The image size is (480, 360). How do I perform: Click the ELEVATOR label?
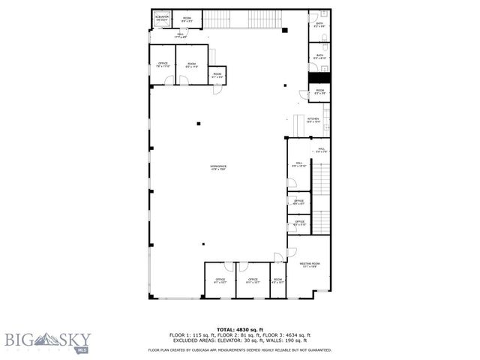(161, 16)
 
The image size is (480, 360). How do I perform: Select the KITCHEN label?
(313, 120)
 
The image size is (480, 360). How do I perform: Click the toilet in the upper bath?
(323, 15)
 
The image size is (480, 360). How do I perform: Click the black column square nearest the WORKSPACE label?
(198, 123)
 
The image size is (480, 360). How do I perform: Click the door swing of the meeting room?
(291, 252)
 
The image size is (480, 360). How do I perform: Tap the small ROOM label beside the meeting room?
(277, 281)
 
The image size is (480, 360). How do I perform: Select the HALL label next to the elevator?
(181, 35)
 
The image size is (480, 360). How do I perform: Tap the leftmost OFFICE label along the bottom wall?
(220, 281)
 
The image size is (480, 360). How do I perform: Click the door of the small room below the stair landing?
(216, 90)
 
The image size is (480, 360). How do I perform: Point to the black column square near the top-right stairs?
(284, 31)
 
